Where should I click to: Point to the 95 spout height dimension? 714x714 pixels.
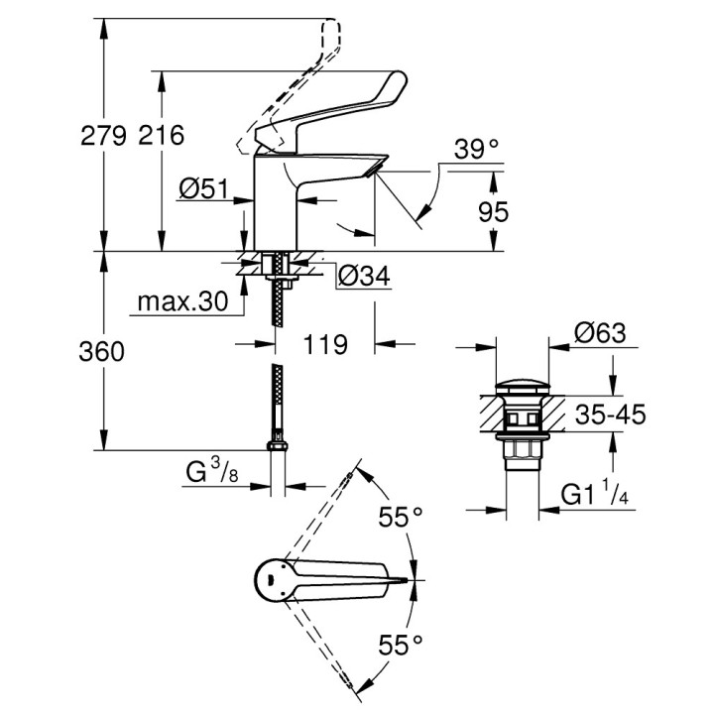(493, 211)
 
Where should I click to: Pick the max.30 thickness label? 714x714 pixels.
(182, 300)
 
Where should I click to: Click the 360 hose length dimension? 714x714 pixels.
(104, 351)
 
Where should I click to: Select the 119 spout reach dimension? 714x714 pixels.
(323, 344)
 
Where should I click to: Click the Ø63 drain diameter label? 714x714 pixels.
(598, 334)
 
